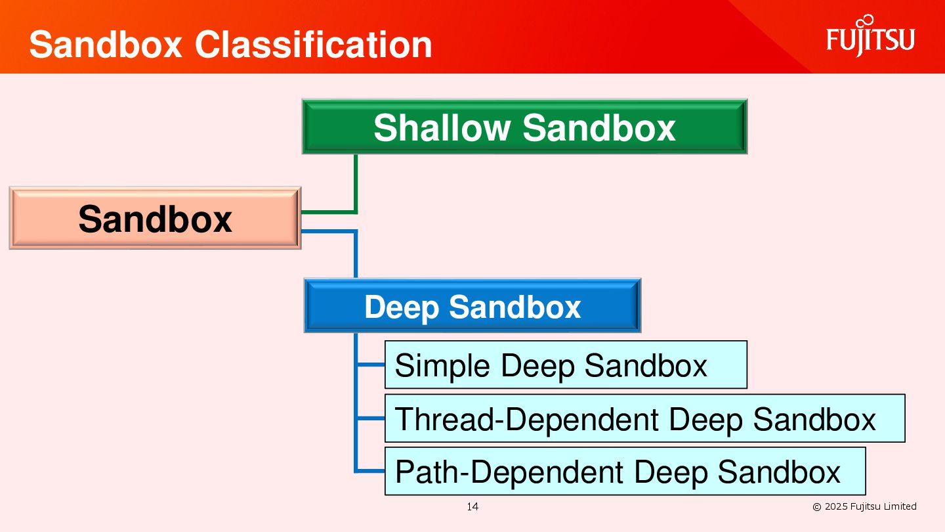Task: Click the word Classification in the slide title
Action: pos(313,45)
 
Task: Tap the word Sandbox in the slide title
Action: pos(105,45)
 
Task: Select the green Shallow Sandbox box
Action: pos(524,127)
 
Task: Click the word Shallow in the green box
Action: pos(442,127)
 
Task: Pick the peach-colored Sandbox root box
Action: pos(155,218)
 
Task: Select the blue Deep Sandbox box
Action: pos(472,306)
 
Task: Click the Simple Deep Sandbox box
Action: pos(565,365)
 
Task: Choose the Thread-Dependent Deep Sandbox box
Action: pos(644,418)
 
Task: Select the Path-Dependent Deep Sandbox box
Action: pos(625,472)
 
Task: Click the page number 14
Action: pos(472,506)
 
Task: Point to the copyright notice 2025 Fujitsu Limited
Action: pos(864,506)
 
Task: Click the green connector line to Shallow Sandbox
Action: pos(355,184)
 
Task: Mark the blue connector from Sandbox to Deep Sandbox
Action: pos(355,253)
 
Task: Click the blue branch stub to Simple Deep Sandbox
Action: pos(370,365)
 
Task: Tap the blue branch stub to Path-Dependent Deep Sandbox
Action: pos(370,471)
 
